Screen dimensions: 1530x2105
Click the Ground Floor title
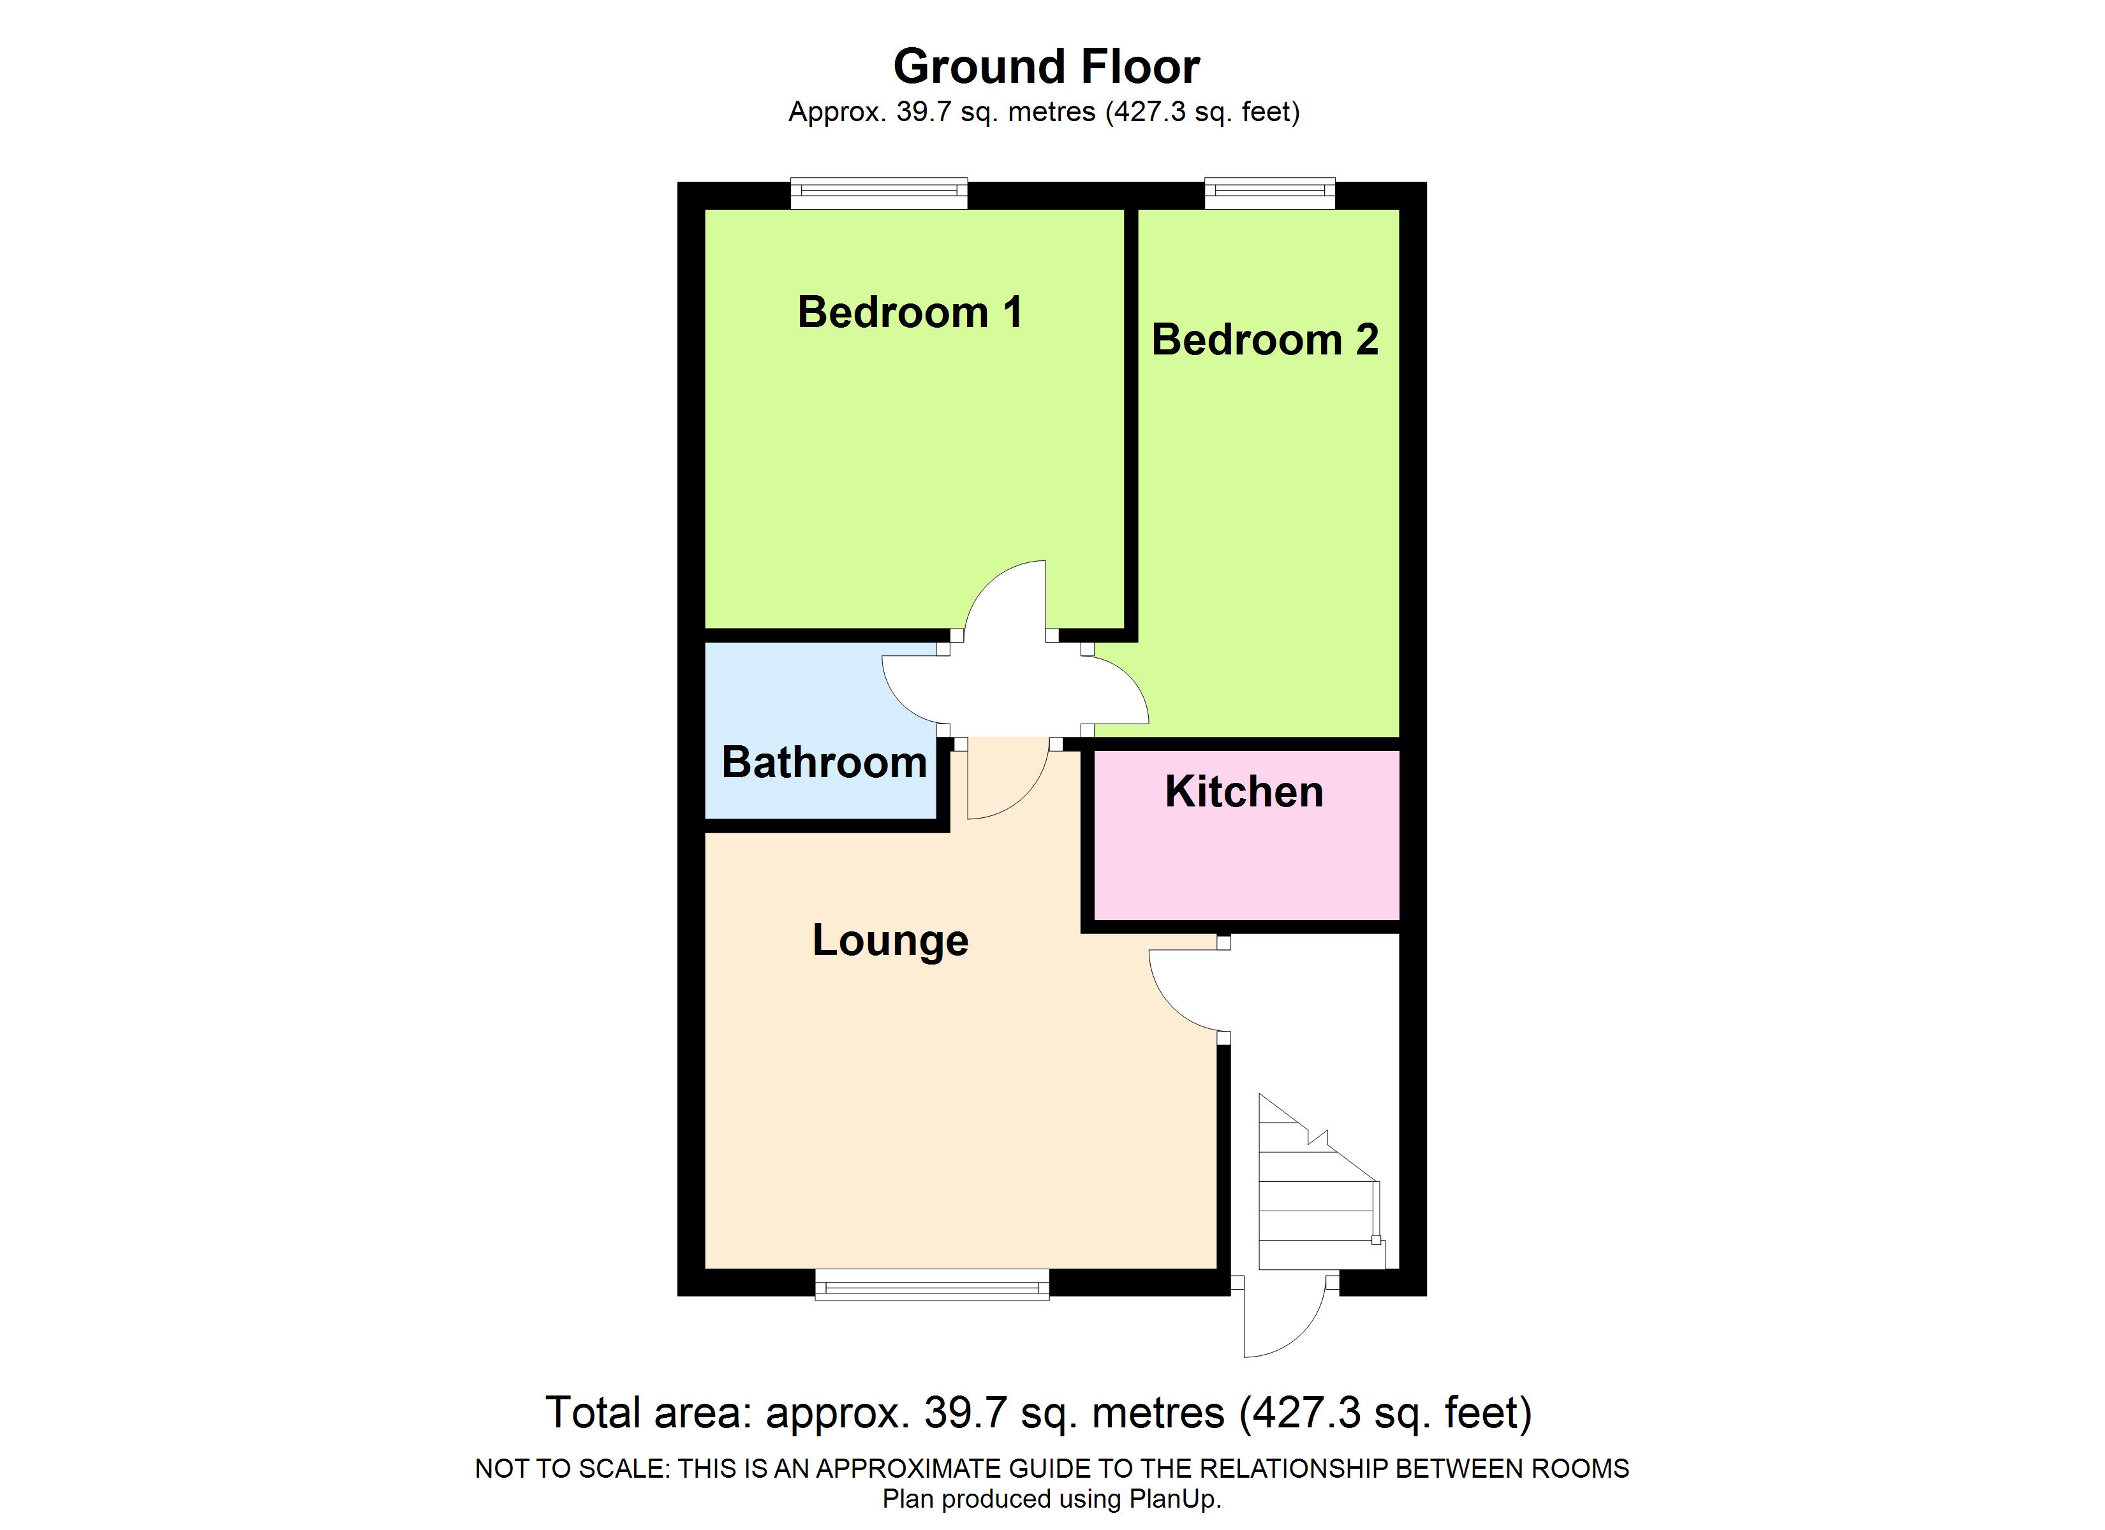click(1046, 67)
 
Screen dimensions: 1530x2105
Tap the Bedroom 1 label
click(910, 312)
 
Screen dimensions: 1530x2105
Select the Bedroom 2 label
click(1264, 340)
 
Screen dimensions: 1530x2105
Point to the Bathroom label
click(824, 762)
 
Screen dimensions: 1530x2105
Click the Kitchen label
click(1244, 791)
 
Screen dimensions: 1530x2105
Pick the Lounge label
click(890, 940)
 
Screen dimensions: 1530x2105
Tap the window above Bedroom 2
click(1269, 192)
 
